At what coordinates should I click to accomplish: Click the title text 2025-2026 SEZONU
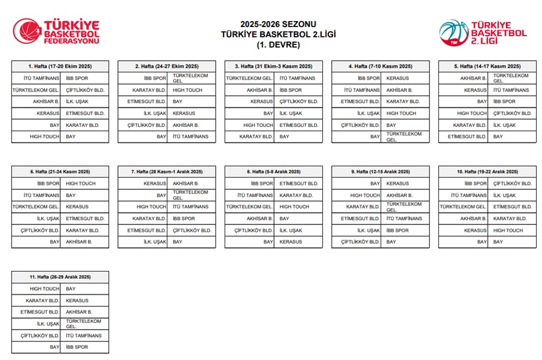[x=270, y=24]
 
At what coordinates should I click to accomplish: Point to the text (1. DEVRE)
[x=270, y=45]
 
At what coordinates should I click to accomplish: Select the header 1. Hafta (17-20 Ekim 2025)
[x=60, y=66]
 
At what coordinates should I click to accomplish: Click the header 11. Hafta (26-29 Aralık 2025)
[x=60, y=277]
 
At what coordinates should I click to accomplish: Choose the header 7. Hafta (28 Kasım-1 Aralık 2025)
[x=167, y=172]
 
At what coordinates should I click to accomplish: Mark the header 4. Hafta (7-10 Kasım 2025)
[x=380, y=66]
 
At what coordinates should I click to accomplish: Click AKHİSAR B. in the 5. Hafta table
[x=473, y=78]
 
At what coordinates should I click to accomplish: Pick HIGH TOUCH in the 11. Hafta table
[x=45, y=289]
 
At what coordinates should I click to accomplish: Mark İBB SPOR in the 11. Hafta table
[x=77, y=347]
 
